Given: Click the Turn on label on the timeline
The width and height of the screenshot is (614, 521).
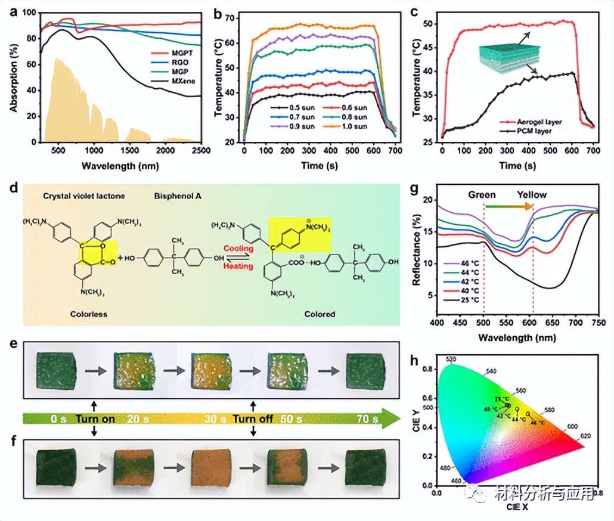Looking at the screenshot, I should tap(95, 419).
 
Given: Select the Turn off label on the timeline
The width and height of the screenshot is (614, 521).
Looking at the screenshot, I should tap(253, 419).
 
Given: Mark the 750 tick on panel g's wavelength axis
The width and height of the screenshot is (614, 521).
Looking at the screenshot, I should tap(598, 322).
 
